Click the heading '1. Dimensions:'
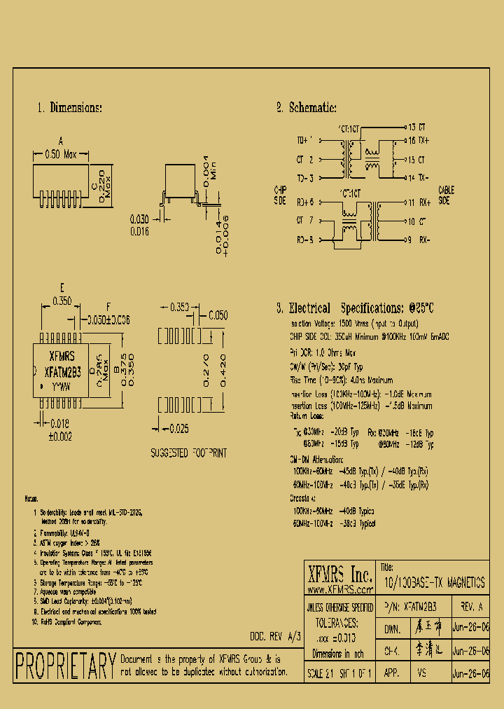pyautogui.click(x=70, y=108)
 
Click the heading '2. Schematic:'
pyautogui.click(x=307, y=108)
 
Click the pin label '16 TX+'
pyautogui.click(x=418, y=141)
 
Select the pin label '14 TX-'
pyautogui.click(x=418, y=177)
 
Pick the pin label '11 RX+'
pyautogui.click(x=419, y=202)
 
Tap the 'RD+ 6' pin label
pyautogui.click(x=305, y=202)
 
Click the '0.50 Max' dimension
pyautogui.click(x=60, y=154)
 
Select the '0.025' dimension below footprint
pyautogui.click(x=179, y=428)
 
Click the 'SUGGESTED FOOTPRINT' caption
pyautogui.click(x=189, y=454)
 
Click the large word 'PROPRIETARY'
pyautogui.click(x=65, y=666)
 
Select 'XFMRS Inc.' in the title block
pyautogui.click(x=340, y=575)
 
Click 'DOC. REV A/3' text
pyautogui.click(x=275, y=636)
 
